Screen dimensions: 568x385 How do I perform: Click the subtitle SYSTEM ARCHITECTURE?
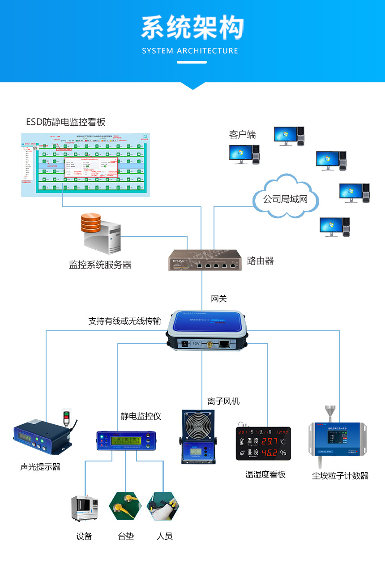pyautogui.click(x=190, y=51)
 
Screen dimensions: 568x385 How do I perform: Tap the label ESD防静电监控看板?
pyautogui.click(x=66, y=122)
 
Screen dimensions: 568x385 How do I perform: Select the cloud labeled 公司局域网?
pyautogui.click(x=285, y=199)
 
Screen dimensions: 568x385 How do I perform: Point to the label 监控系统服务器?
pyautogui.click(x=100, y=265)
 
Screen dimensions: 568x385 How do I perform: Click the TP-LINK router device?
pyautogui.click(x=204, y=260)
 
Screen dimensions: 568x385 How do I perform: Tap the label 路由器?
pyautogui.click(x=260, y=261)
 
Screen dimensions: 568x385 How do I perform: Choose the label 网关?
pyautogui.click(x=219, y=299)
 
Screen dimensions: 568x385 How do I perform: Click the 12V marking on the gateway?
pyautogui.click(x=196, y=343)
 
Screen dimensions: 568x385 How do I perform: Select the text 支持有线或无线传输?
pyautogui.click(x=124, y=321)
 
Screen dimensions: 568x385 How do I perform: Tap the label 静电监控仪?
pyautogui.click(x=141, y=416)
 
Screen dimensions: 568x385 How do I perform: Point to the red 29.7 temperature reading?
pyautogui.click(x=269, y=441)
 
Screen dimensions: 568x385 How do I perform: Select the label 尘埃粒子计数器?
pyautogui.click(x=340, y=476)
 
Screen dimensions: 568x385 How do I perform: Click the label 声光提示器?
pyautogui.click(x=40, y=467)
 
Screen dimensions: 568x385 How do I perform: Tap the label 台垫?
pyautogui.click(x=126, y=536)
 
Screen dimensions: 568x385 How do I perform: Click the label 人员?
pyautogui.click(x=165, y=536)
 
